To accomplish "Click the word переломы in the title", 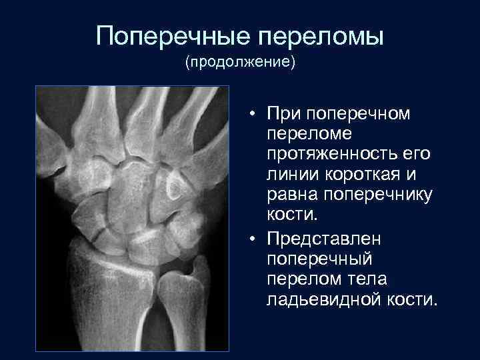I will [x=319, y=36].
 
